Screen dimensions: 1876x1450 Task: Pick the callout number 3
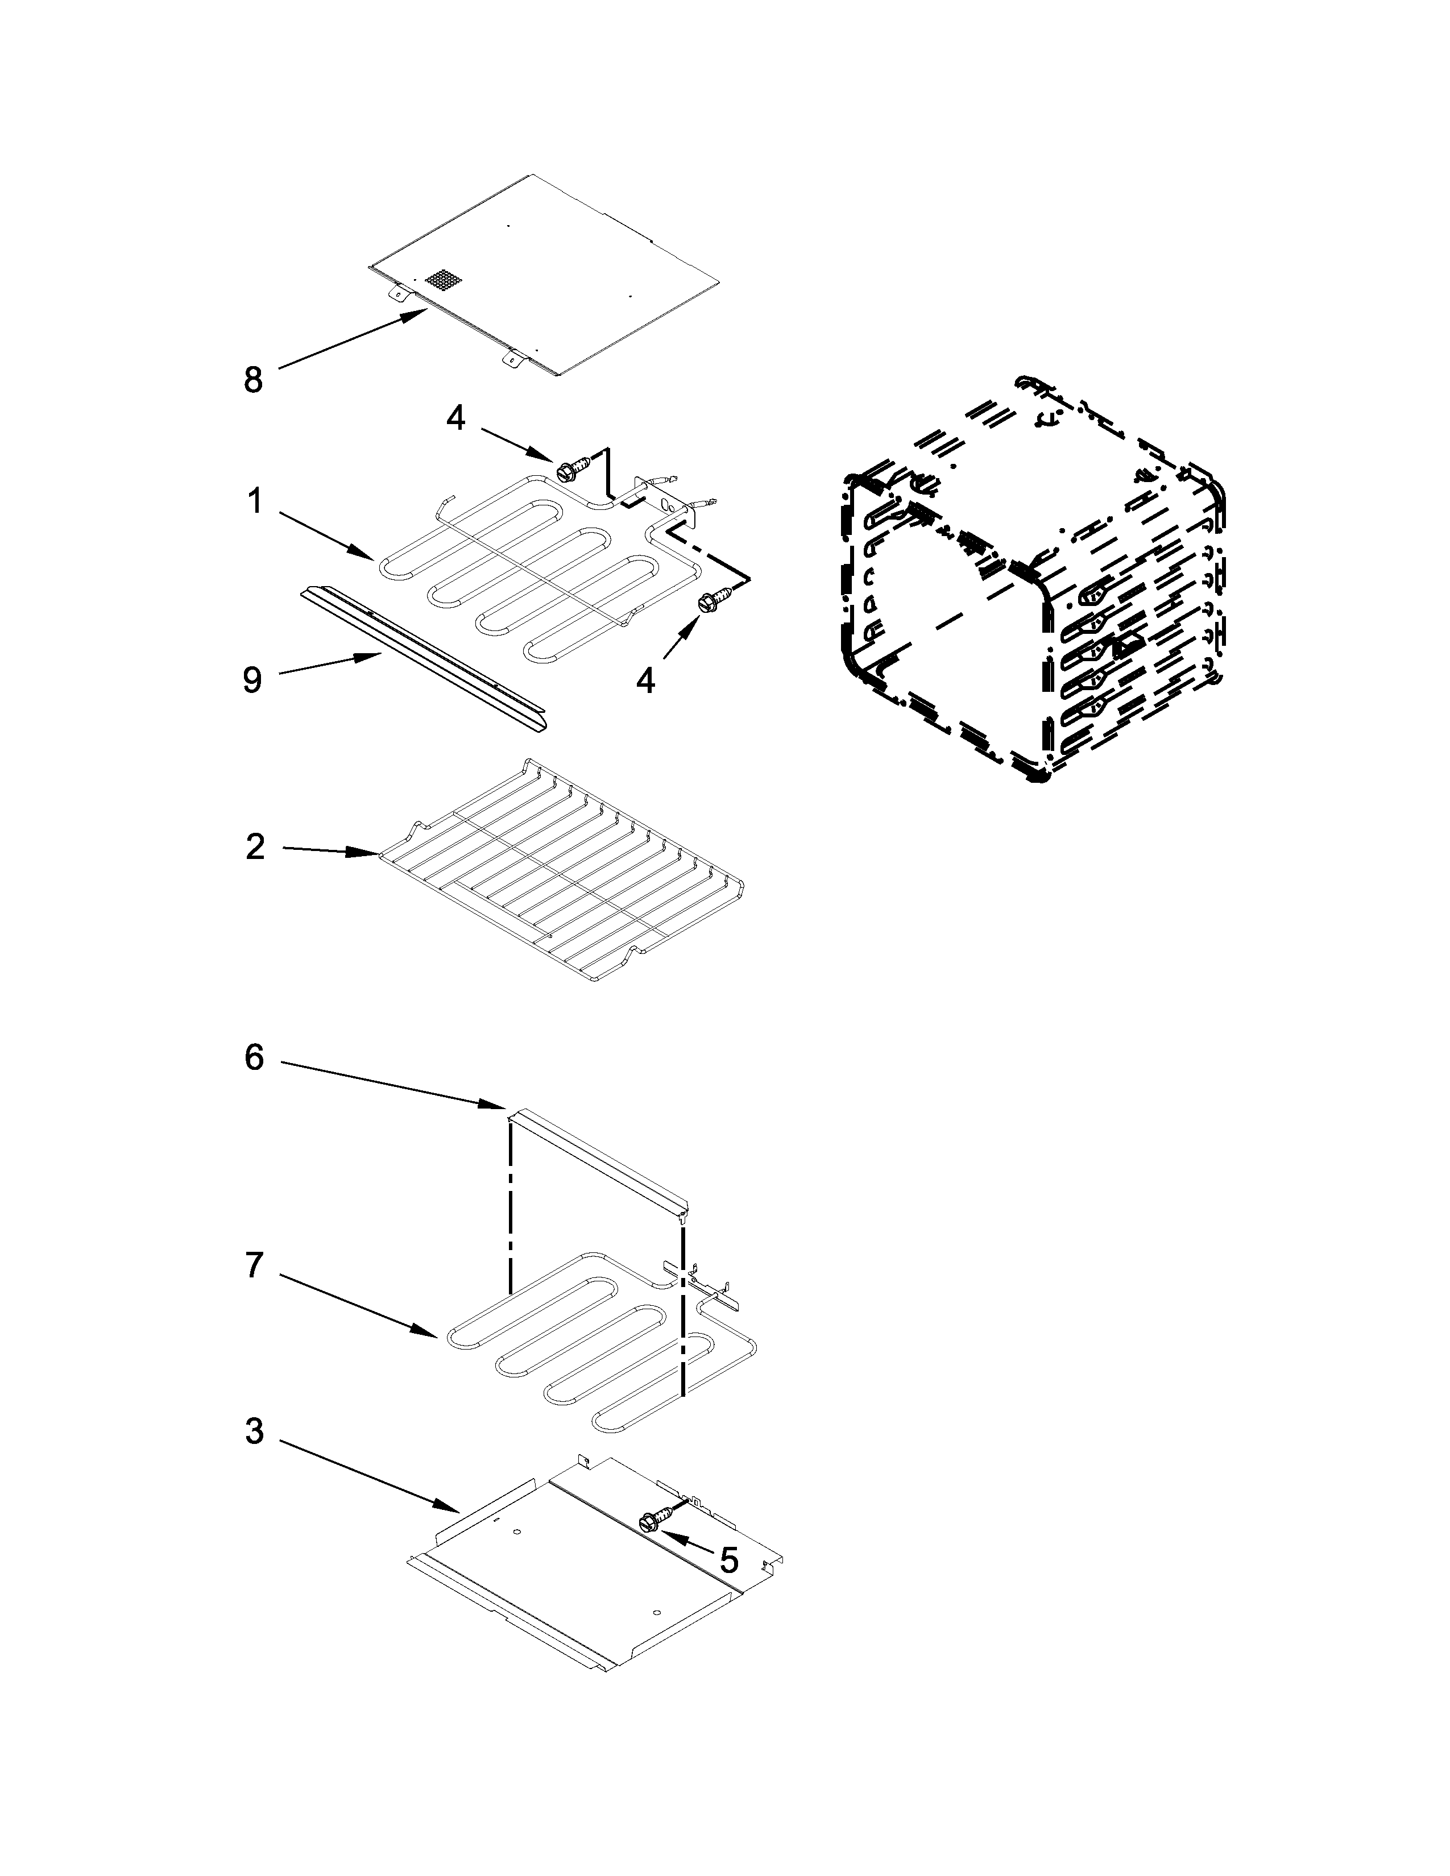pyautogui.click(x=254, y=1432)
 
